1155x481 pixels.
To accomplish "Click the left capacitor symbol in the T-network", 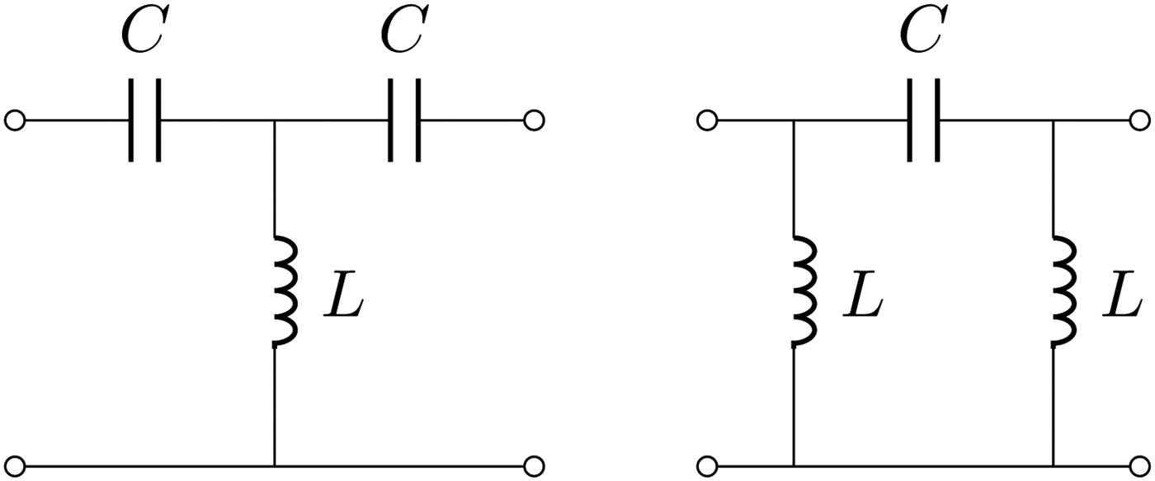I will (145, 120).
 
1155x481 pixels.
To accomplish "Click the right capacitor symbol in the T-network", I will (404, 120).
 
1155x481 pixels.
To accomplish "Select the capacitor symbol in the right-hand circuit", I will (922, 120).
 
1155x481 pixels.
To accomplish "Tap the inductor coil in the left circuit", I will (282, 290).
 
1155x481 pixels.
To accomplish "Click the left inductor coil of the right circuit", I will (802, 290).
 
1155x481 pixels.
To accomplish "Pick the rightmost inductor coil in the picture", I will (1063, 290).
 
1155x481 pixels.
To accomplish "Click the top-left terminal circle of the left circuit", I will (14, 120).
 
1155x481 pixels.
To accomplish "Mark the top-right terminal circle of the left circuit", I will (534, 120).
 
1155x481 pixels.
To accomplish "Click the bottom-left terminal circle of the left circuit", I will (14, 466).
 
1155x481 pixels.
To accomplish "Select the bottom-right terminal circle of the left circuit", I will (534, 466).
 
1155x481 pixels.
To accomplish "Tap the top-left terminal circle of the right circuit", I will (707, 120).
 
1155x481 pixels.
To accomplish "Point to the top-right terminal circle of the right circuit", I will (1140, 120).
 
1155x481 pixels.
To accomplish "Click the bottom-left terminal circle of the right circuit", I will (707, 466).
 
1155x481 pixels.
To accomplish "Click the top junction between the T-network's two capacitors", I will (274, 120).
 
